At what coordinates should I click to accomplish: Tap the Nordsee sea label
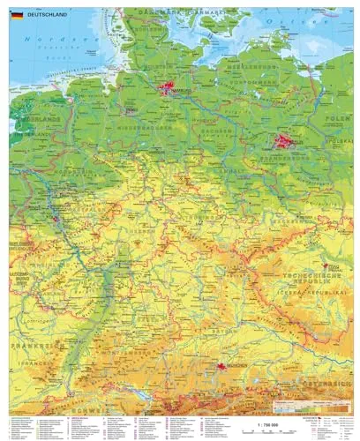[40, 41]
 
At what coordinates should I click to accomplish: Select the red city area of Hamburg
[169, 87]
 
